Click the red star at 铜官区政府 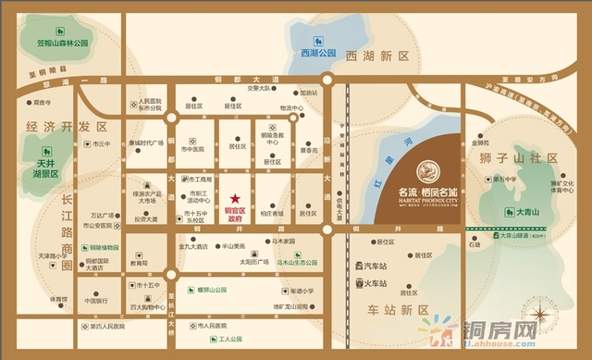point(236,197)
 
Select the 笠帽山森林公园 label point(61,43)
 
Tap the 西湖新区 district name point(376,57)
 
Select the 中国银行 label point(96,301)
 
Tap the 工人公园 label point(221,341)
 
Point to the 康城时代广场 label point(146,143)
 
